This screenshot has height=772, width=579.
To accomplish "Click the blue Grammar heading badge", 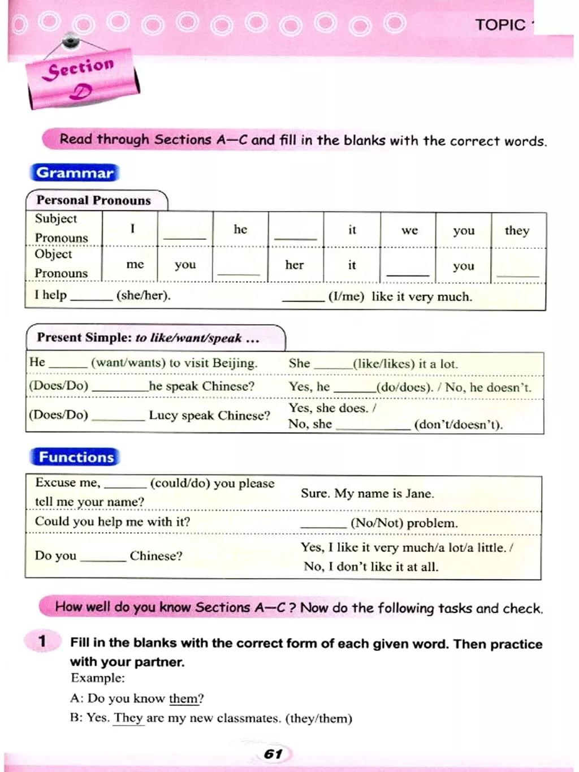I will [x=75, y=172].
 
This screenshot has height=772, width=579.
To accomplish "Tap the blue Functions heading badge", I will [x=76, y=457].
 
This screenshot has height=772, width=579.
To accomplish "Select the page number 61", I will [x=273, y=754].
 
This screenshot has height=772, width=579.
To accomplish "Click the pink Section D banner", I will [x=82, y=79].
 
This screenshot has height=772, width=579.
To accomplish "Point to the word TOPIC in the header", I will [x=500, y=25].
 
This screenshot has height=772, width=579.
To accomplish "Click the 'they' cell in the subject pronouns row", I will [x=517, y=230].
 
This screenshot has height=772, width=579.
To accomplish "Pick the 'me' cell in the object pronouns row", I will [x=135, y=264].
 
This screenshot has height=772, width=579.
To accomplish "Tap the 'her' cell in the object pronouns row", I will [x=294, y=265].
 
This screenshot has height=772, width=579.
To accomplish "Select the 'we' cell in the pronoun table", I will [x=409, y=230].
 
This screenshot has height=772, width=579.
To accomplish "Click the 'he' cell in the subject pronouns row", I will [x=240, y=229].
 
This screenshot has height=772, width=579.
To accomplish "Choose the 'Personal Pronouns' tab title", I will [x=94, y=200].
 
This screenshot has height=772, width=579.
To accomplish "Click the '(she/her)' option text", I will [x=143, y=295].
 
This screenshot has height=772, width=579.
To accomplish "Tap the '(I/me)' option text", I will [x=346, y=296].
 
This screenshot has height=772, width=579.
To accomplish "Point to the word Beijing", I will [x=234, y=363].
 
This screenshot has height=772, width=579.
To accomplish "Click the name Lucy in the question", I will [x=163, y=415].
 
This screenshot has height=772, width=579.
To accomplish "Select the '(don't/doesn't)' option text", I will [x=458, y=425].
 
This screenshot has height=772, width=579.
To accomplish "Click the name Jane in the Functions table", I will [x=419, y=493].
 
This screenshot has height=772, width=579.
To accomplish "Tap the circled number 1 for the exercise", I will [x=42, y=641].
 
